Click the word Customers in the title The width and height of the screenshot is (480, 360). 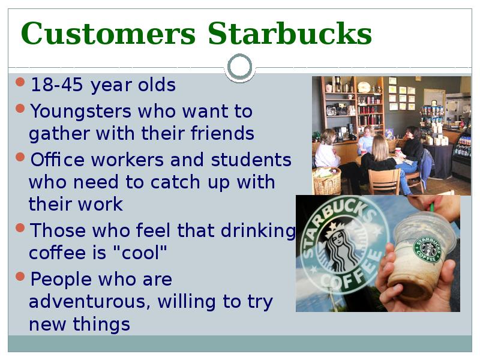[108, 34]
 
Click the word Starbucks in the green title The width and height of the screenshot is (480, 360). [290, 34]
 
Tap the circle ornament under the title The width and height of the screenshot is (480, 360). [240, 67]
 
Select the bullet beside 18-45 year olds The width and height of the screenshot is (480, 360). [20, 82]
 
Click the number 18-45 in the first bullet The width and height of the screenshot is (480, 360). [57, 85]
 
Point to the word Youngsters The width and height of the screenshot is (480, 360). [80, 112]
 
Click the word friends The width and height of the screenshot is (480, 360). [222, 133]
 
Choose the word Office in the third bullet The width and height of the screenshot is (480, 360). [57, 160]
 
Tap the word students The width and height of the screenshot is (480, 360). [251, 160]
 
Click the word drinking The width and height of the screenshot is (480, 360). [259, 231]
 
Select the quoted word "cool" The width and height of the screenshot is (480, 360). [140, 252]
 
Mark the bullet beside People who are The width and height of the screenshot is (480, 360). [20, 277]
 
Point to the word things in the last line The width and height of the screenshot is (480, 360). [101, 324]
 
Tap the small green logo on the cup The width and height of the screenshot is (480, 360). [428, 249]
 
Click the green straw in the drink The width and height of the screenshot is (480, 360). [432, 206]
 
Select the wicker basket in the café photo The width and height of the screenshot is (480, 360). [326, 181]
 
